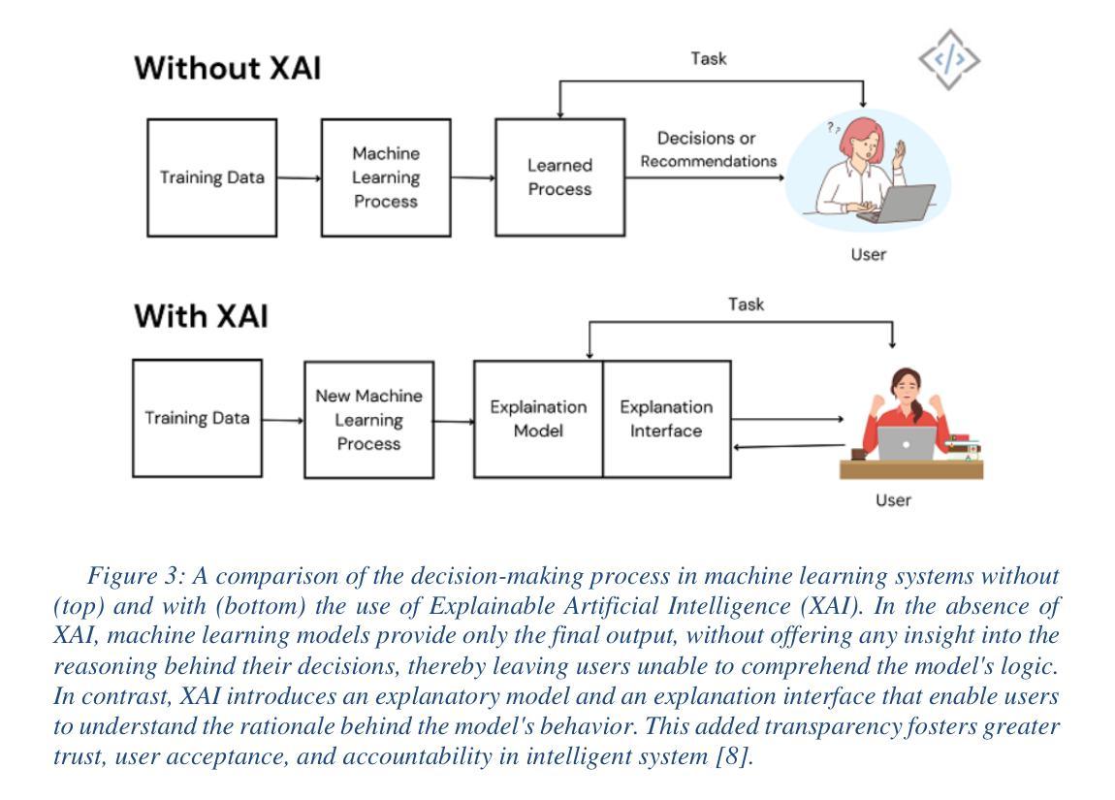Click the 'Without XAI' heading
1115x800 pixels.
coord(228,68)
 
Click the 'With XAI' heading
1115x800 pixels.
coord(202,316)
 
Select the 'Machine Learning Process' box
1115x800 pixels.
coord(386,177)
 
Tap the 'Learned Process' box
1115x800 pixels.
coord(559,177)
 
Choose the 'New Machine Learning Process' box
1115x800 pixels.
coord(369,420)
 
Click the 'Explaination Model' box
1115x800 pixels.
coord(538,419)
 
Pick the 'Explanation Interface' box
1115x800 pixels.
coord(666,419)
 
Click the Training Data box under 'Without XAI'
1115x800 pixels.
coord(212,177)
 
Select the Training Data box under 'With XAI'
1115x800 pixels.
coord(197,418)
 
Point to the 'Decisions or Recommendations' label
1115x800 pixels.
coord(708,149)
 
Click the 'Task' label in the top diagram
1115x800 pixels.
coord(708,58)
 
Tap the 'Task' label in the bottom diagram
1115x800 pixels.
coord(746,304)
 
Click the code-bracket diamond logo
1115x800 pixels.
coord(949,60)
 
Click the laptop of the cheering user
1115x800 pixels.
coord(907,443)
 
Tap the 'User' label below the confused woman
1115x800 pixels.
coord(869,255)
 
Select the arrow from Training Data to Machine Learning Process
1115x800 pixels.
coord(299,177)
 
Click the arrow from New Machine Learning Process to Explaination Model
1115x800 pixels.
coord(454,422)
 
